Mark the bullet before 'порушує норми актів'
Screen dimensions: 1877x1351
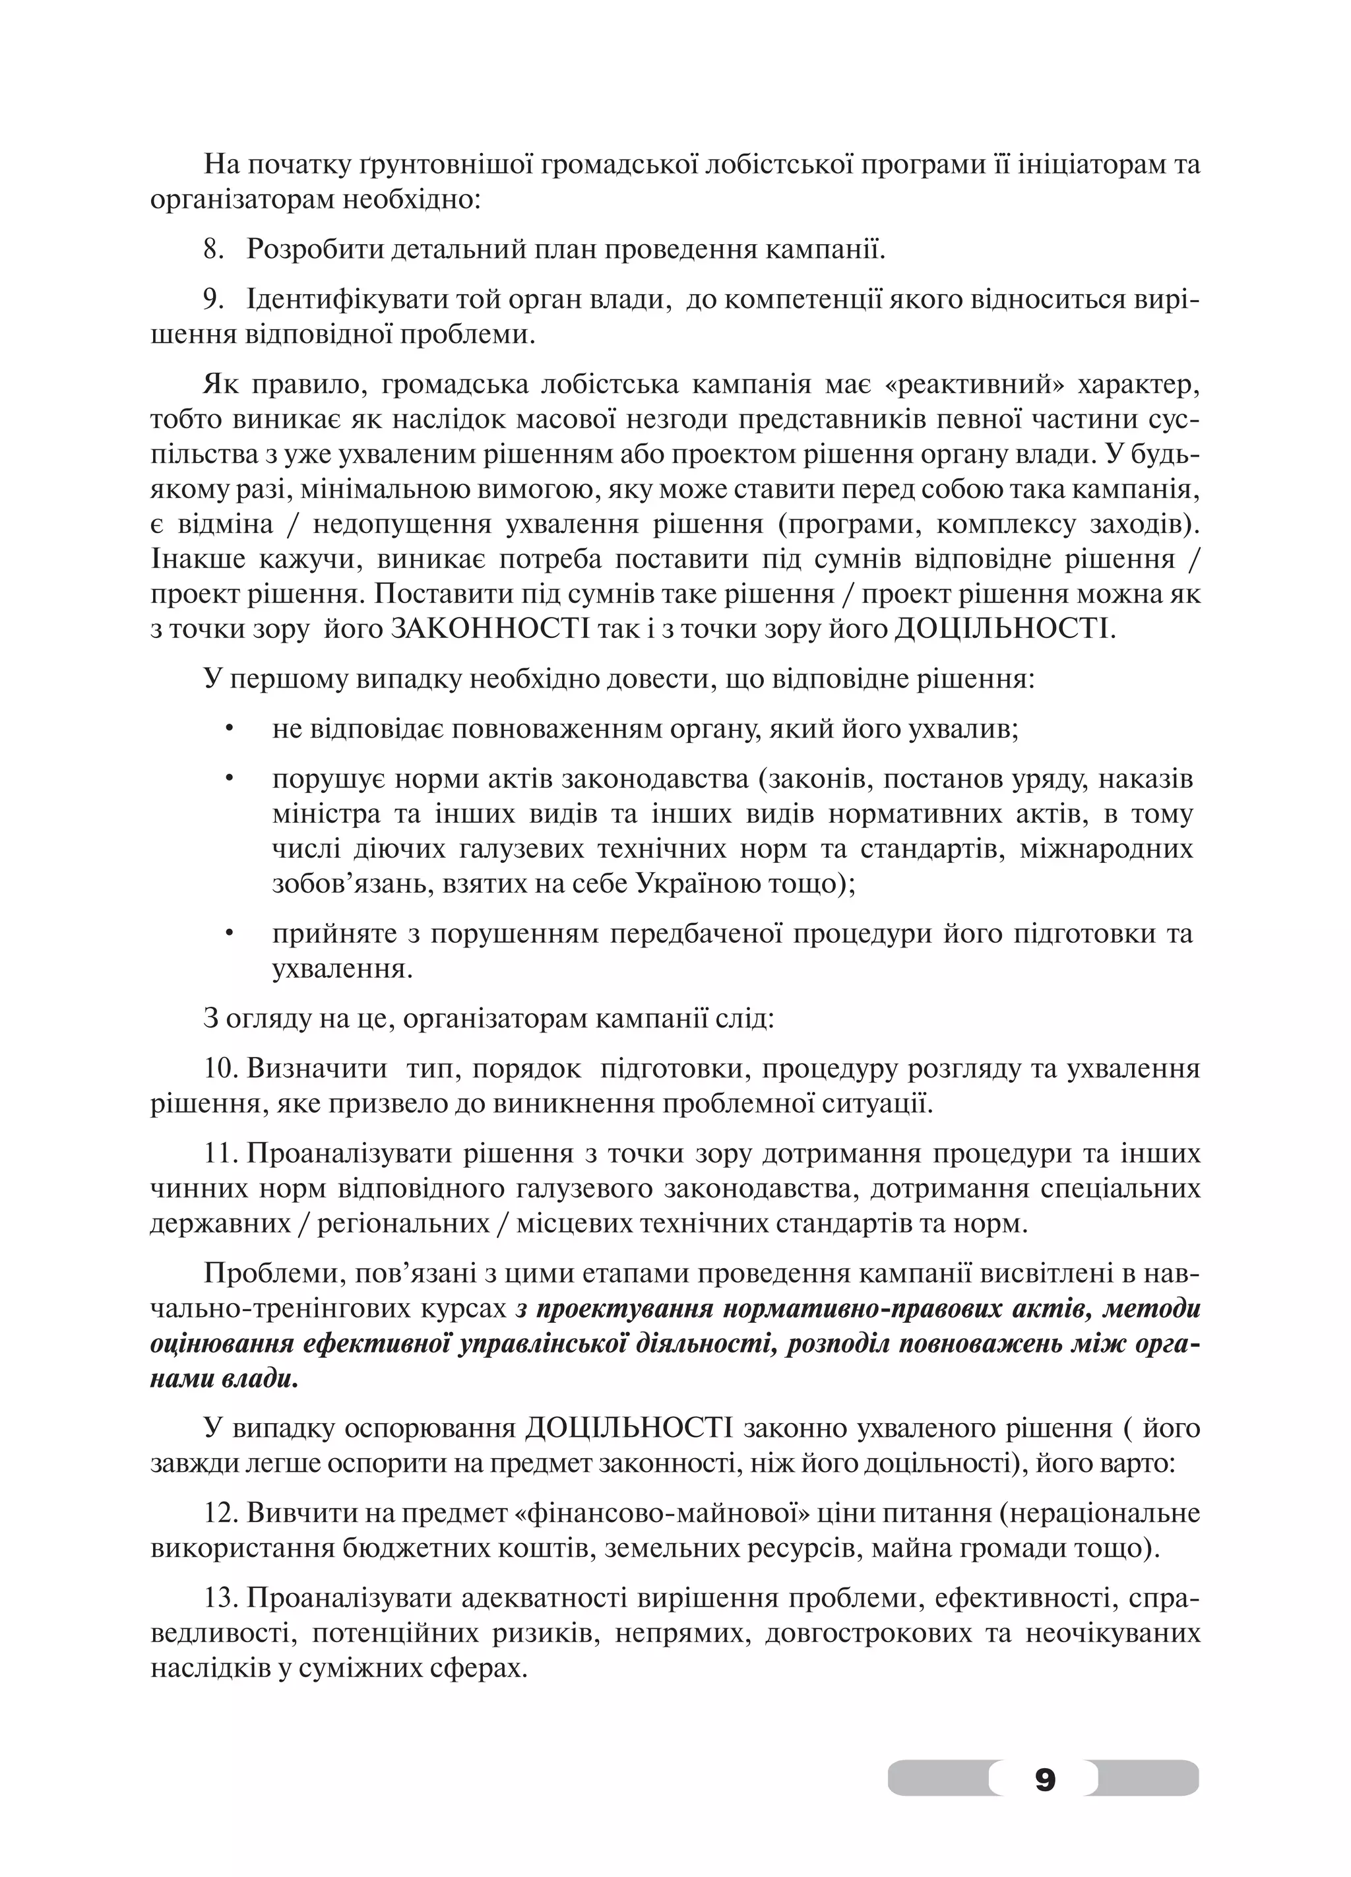pos(230,779)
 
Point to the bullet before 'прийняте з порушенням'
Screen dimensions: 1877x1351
pos(230,934)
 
